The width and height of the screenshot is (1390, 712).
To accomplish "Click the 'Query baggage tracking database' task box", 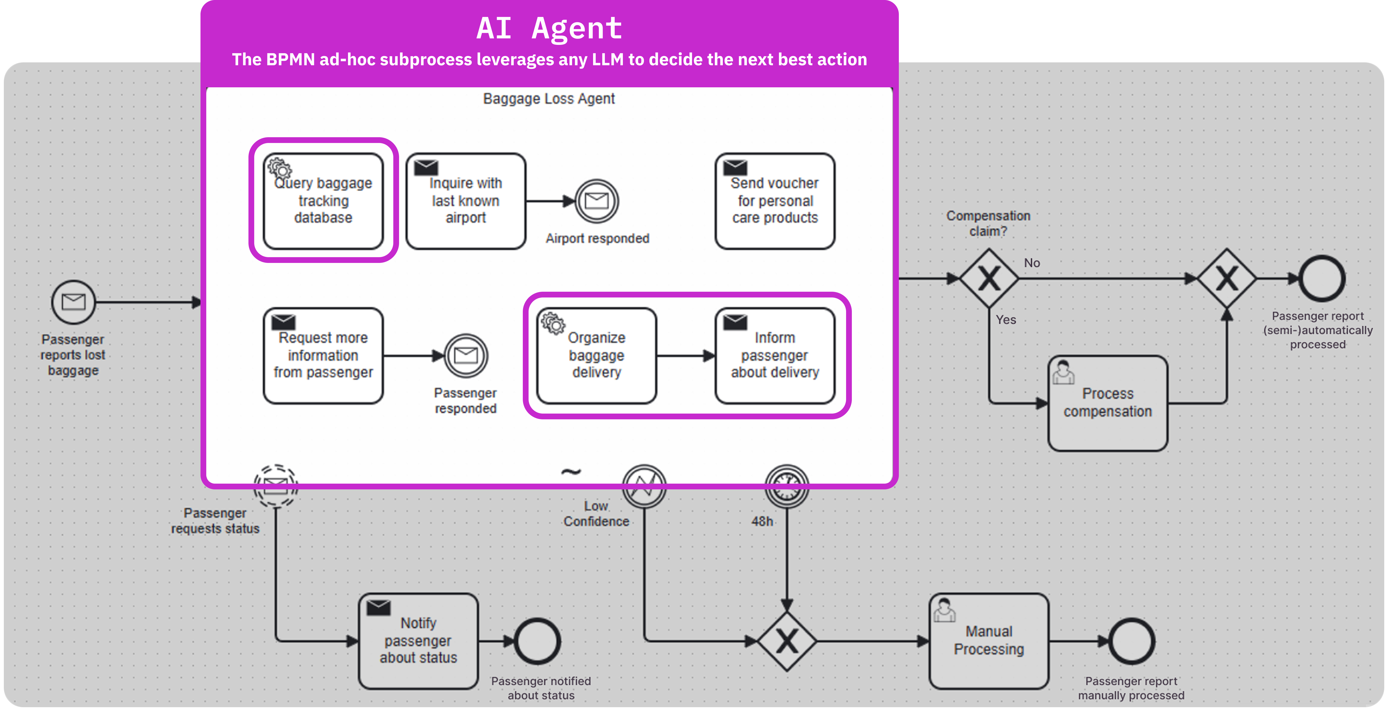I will (x=323, y=201).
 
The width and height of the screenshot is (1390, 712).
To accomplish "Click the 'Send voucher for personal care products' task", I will (x=775, y=201).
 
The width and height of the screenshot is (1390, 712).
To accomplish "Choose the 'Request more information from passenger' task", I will (x=323, y=356).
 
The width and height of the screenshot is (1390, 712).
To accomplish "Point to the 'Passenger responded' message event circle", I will (x=466, y=356).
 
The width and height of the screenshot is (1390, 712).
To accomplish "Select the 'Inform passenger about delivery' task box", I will (x=775, y=356).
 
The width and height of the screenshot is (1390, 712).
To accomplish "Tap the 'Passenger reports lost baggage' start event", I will (x=73, y=302).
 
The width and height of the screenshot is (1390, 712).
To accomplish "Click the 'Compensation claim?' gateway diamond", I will (x=989, y=279).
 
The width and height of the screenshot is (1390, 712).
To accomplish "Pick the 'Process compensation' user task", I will (x=1108, y=403).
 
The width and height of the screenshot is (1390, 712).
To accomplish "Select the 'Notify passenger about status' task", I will (x=418, y=641).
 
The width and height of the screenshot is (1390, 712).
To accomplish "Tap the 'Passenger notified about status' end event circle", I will (x=537, y=641).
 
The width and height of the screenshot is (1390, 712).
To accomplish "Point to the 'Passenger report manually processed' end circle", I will (x=1131, y=641).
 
